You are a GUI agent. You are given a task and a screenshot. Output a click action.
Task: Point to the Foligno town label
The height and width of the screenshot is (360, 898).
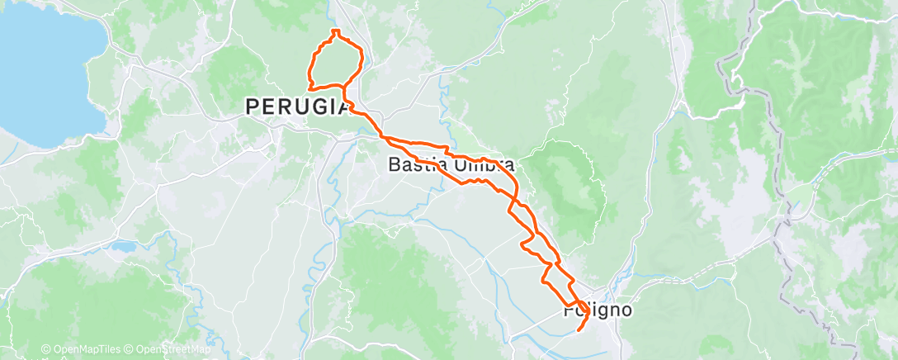[598, 311]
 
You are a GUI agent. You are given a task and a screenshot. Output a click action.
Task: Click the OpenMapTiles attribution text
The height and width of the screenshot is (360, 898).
[83, 350]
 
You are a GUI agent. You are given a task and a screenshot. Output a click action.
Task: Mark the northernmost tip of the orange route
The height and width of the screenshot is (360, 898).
[335, 31]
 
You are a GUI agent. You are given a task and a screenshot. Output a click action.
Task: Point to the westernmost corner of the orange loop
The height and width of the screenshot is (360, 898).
[308, 86]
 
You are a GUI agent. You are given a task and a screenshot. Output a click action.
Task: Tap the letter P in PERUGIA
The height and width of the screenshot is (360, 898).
[251, 106]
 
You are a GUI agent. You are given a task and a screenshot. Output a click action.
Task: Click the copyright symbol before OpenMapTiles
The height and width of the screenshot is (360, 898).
[46, 350]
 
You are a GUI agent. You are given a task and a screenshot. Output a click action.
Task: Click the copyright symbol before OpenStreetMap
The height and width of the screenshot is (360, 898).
[130, 350]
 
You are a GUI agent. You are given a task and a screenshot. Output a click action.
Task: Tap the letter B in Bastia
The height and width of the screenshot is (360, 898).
[394, 164]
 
